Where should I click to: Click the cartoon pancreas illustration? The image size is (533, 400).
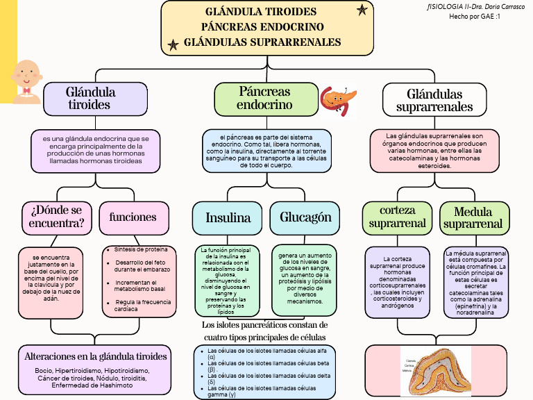click(338, 99)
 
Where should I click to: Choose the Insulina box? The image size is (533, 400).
click(228, 217)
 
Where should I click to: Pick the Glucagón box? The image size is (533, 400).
click(305, 217)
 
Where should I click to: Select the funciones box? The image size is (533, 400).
click(133, 217)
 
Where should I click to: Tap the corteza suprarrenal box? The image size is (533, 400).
click(397, 217)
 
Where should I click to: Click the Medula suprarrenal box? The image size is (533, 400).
click(473, 217)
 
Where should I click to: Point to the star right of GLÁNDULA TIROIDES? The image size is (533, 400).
click(362, 10)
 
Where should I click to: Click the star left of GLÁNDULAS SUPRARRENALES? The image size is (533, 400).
click(173, 45)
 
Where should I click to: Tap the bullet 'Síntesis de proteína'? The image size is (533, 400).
click(141, 249)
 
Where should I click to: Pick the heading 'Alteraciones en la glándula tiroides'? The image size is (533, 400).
click(96, 356)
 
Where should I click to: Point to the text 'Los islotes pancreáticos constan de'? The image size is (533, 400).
click(264, 325)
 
